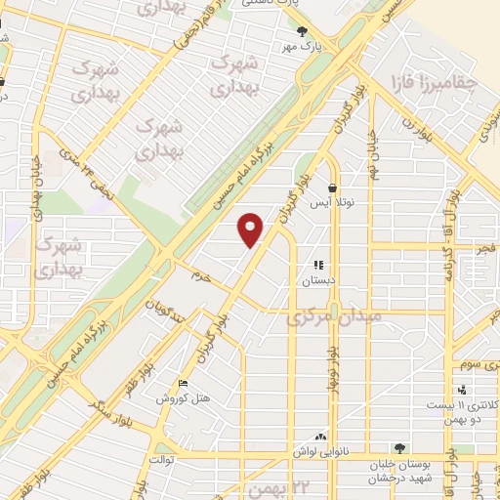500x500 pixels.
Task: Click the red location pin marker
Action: pos(252,229)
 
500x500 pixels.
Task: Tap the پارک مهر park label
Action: pos(303,46)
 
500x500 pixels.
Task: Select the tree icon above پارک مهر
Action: pos(303,30)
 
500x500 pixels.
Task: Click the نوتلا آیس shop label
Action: pos(332,203)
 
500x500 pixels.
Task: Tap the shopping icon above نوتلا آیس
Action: pos(332,187)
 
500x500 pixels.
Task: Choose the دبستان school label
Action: pos(317,279)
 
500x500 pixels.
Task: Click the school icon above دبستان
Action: pos(317,265)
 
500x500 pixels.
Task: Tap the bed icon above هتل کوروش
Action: pos(181,384)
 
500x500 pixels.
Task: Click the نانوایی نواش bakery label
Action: pos(320,451)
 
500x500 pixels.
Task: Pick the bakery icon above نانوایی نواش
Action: pos(320,437)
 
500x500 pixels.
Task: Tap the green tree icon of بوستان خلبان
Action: pos(398,448)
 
